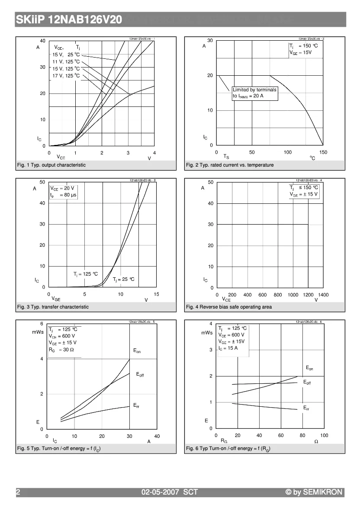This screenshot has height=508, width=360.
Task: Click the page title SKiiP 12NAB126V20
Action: (x=69, y=20)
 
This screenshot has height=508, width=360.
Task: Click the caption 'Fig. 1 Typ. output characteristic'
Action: (x=51, y=165)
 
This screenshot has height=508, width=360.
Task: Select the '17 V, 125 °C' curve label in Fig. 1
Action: (x=66, y=76)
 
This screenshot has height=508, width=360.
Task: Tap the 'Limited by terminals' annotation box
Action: (x=254, y=93)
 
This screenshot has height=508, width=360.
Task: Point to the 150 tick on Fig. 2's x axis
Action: (x=323, y=152)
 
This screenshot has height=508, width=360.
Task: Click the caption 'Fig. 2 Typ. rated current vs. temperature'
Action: (x=230, y=165)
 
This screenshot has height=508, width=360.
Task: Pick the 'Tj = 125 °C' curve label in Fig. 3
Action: (x=85, y=274)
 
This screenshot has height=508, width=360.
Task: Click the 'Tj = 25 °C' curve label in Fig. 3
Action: (x=124, y=280)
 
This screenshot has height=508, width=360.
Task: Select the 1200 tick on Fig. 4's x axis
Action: (x=308, y=295)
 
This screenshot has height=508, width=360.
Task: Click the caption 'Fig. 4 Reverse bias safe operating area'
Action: (x=229, y=307)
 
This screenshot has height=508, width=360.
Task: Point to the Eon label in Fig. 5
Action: (x=137, y=351)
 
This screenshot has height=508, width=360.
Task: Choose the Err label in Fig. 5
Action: (x=136, y=406)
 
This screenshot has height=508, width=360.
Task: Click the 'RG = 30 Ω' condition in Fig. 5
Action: (x=61, y=350)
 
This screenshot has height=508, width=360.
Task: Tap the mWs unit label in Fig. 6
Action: (x=207, y=333)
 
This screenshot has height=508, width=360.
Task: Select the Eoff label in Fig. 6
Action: (x=307, y=383)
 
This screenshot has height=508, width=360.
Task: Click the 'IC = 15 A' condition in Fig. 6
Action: (x=228, y=348)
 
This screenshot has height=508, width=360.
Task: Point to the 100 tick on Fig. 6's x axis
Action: (x=324, y=435)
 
